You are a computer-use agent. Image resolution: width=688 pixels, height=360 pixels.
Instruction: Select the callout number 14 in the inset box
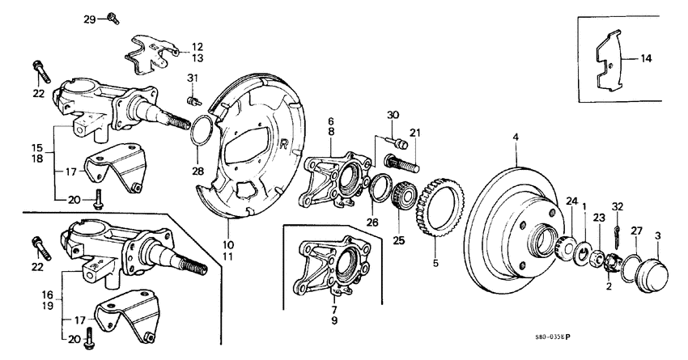(x=646, y=59)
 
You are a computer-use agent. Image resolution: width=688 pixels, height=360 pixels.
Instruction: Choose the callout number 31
(x=192, y=78)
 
